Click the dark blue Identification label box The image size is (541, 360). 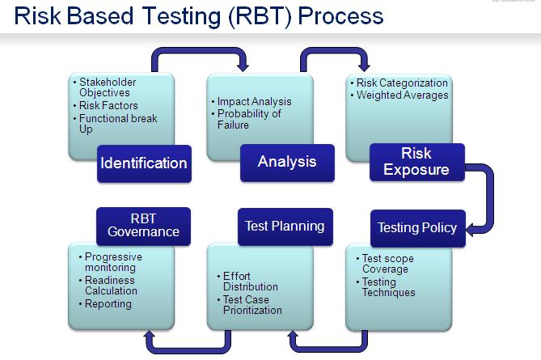point(143,163)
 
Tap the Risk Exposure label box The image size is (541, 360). point(416,162)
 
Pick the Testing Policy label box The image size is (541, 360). point(417,227)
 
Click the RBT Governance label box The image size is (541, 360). point(143,226)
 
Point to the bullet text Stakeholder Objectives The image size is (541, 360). point(108,87)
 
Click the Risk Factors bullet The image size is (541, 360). point(108,106)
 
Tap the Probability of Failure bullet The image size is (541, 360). point(249,119)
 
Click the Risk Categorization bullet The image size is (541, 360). point(401,83)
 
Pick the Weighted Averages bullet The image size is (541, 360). point(402,95)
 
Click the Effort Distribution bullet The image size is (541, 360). point(251,282)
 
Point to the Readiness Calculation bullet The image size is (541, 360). point(112,286)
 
